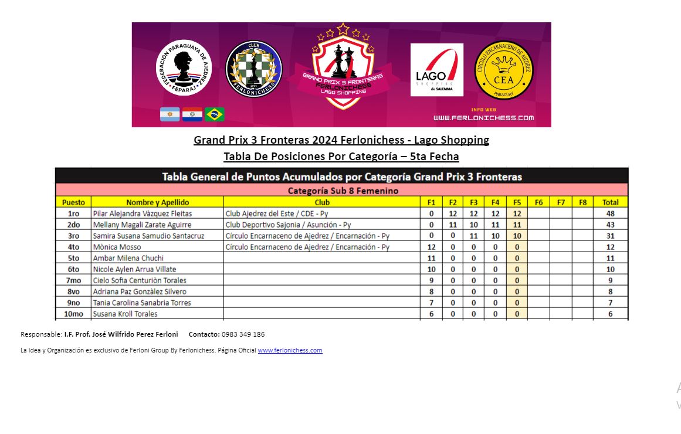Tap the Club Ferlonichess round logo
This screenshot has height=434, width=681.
pyautogui.click(x=254, y=69)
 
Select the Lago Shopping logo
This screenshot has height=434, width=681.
pyautogui.click(x=436, y=70)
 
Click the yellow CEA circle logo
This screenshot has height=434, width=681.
pyautogui.click(x=503, y=70)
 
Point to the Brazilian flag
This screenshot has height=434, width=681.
pyautogui.click(x=215, y=114)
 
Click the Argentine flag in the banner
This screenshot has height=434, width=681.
pyautogui.click(x=170, y=114)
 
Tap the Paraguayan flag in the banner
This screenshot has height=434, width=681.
pyautogui.click(x=192, y=114)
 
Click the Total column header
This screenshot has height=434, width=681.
pyautogui.click(x=610, y=202)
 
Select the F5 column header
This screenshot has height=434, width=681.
pyautogui.click(x=517, y=202)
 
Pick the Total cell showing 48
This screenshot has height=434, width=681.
pyautogui.click(x=610, y=213)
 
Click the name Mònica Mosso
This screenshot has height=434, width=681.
pyautogui.click(x=117, y=247)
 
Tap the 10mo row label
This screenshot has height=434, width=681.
pyautogui.click(x=73, y=314)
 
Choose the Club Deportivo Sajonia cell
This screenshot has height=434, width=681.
pyautogui.click(x=288, y=225)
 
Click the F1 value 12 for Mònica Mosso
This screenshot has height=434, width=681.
pyautogui.click(x=431, y=247)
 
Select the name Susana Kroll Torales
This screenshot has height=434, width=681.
pyautogui.click(x=126, y=314)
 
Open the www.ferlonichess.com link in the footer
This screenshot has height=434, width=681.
pyautogui.click(x=290, y=350)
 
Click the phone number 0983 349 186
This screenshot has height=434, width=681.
pyautogui.click(x=243, y=334)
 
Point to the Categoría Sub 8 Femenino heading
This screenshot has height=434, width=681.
pyautogui.click(x=343, y=191)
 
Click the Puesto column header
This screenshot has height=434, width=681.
pyautogui.click(x=73, y=202)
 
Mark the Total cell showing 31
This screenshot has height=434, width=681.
pyautogui.click(x=610, y=236)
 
